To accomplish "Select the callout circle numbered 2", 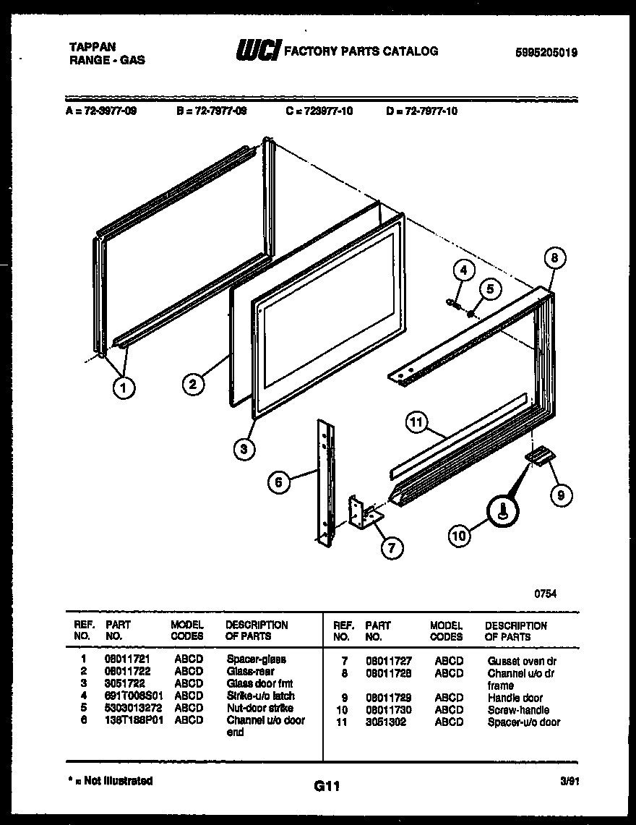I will pyautogui.click(x=192, y=385).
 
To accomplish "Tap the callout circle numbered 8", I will pyautogui.click(x=554, y=258).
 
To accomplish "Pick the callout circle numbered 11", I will pyautogui.click(x=417, y=423).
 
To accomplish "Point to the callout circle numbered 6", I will pyautogui.click(x=280, y=482).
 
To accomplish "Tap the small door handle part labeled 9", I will pyautogui.click(x=538, y=456).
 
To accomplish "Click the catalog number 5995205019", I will pyautogui.click(x=546, y=53).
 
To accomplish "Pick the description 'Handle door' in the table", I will pyautogui.click(x=515, y=698).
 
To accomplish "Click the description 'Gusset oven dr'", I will pyautogui.click(x=522, y=661).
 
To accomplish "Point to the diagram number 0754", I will pyautogui.click(x=546, y=593).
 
